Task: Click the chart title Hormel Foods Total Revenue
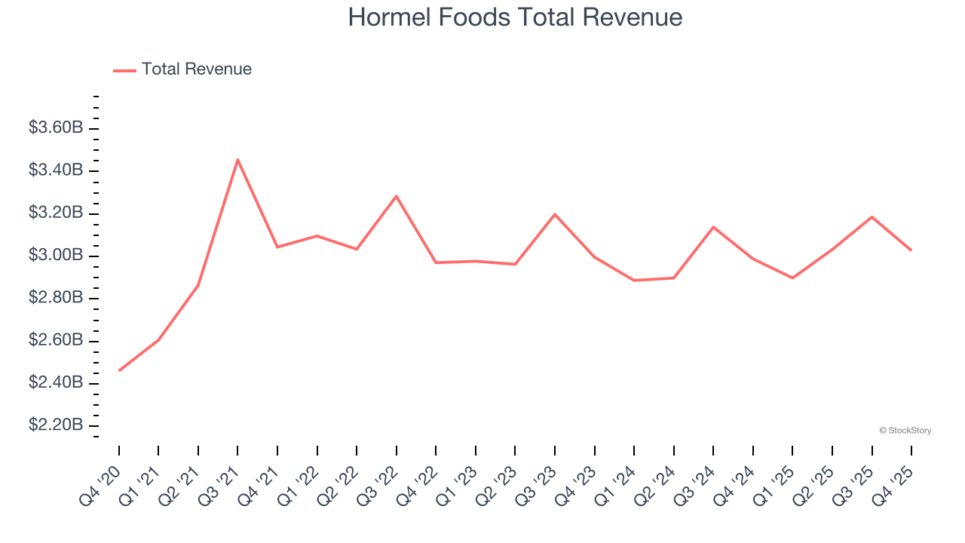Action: tap(515, 17)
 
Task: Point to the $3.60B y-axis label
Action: tap(56, 128)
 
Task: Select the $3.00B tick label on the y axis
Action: tap(56, 256)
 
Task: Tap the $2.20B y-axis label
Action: tap(56, 425)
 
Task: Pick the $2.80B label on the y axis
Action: tap(56, 298)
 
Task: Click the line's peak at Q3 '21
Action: tap(237, 160)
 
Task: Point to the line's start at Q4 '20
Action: tap(119, 370)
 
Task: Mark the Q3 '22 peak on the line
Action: tap(396, 196)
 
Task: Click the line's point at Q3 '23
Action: tap(555, 214)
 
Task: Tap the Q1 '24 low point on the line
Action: tap(634, 281)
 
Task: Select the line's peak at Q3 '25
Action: tap(872, 217)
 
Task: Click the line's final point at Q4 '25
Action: tap(911, 250)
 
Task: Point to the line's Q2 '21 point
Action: tap(198, 285)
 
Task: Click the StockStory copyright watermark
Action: tap(905, 431)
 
